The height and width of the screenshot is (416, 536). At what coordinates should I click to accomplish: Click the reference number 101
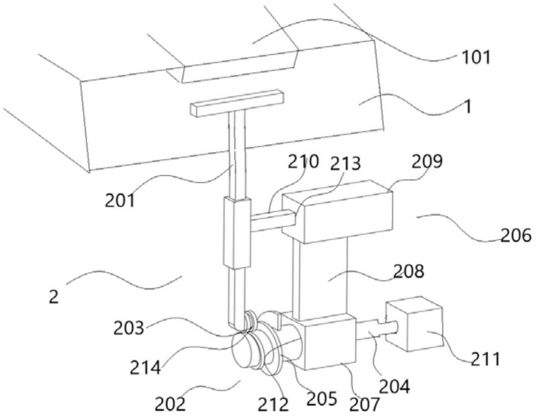coord(476,57)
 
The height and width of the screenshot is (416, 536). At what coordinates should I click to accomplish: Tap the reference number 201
coord(120,200)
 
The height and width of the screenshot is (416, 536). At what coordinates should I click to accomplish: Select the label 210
coord(303,161)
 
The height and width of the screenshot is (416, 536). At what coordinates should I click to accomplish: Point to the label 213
coord(345,164)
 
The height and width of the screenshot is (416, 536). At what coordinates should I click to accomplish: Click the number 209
coord(427,161)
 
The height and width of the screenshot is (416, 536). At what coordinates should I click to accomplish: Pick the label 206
coord(516,235)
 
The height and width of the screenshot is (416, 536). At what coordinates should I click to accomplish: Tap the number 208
coord(408,271)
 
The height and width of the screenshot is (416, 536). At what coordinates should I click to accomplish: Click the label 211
coord(486,359)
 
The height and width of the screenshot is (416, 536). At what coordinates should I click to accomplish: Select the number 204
coord(394,387)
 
